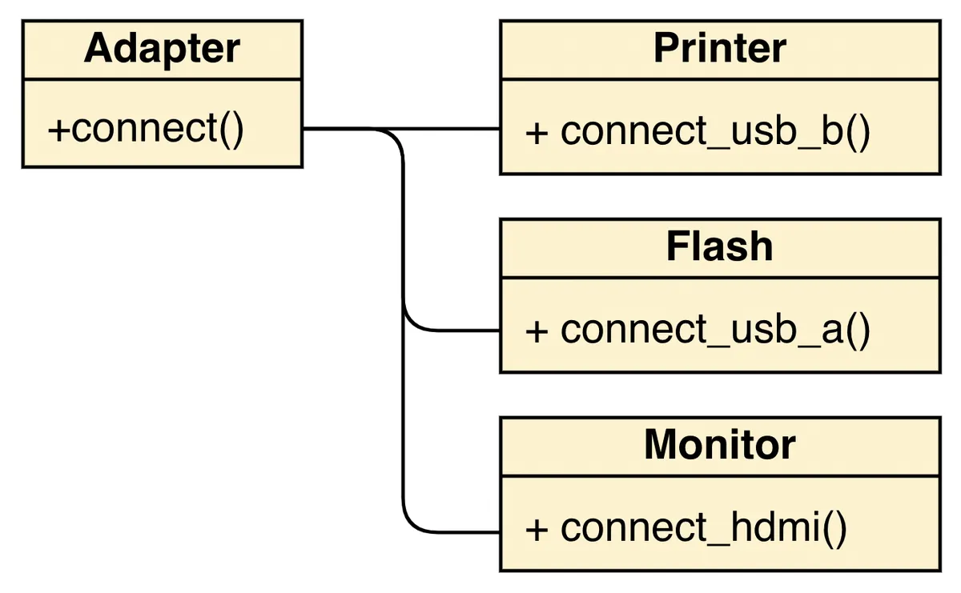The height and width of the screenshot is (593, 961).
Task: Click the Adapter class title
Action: tap(162, 49)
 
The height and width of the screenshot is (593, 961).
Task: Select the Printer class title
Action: tap(719, 49)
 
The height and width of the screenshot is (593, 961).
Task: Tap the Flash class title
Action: tap(719, 247)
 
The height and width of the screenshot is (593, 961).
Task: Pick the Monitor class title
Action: tap(719, 445)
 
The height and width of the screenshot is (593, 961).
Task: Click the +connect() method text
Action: tap(145, 129)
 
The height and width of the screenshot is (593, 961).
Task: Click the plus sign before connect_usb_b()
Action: tap(537, 133)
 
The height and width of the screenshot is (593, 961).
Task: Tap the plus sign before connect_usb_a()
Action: tap(537, 331)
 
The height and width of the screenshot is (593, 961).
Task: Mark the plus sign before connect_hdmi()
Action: tap(537, 529)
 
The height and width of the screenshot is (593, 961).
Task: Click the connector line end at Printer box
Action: tap(497, 129)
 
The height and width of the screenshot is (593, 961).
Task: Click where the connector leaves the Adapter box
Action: tap(306, 129)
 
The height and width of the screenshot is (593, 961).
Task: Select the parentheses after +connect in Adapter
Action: tap(231, 129)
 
